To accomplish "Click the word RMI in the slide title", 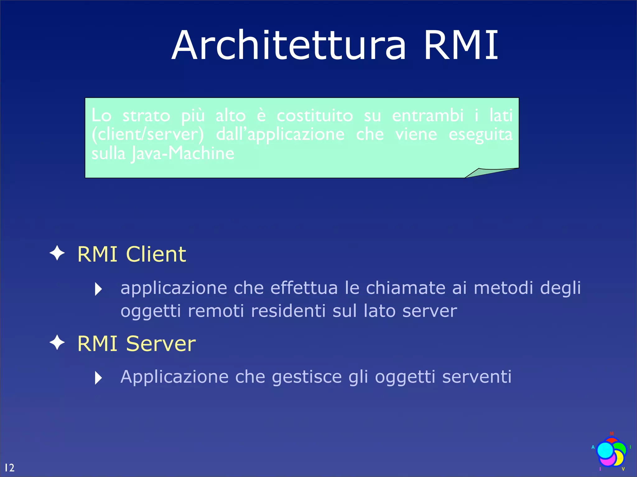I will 461,45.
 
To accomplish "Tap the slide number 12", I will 9,467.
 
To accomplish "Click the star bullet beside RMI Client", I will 57,253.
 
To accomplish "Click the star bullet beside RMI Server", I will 57,343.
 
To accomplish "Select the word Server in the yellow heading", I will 161,343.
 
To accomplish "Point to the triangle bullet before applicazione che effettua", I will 98,289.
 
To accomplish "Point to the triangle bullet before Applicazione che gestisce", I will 98,378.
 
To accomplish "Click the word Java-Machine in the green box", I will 183,153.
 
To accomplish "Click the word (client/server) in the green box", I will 147,134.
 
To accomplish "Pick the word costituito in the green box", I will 315,116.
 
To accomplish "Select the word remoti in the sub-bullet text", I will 216,311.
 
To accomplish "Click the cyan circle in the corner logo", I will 605,450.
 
